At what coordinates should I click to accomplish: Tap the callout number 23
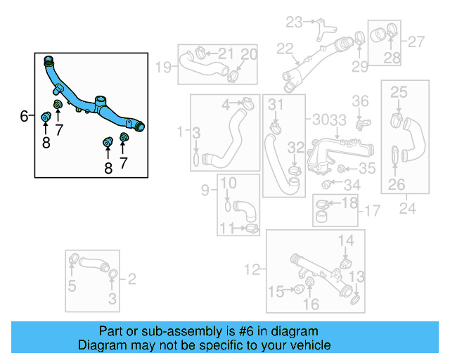(293, 22)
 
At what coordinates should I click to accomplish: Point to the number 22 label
(284, 49)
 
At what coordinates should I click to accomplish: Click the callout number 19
(163, 67)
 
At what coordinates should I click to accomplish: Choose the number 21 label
(226, 53)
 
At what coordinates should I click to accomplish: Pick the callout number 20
(250, 54)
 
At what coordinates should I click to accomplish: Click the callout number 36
(360, 102)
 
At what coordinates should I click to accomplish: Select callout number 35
(368, 169)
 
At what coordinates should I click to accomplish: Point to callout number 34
(352, 185)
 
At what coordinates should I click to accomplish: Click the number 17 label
(372, 210)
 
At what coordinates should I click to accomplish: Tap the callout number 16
(311, 304)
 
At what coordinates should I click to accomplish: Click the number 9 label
(205, 189)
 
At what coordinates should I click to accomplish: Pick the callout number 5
(72, 285)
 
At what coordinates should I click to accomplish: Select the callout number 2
(131, 279)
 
